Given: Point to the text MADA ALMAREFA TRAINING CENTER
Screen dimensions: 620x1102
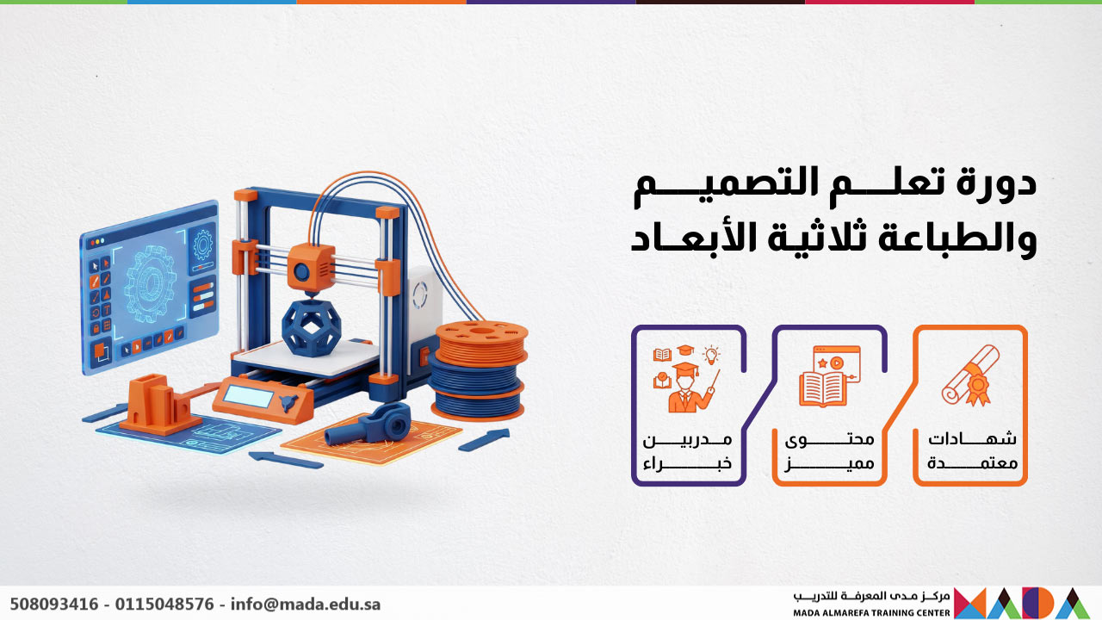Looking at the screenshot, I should tap(872, 613).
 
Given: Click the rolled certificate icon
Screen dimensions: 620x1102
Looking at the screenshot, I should tap(970, 375).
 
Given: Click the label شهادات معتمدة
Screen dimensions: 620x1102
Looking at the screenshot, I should tap(972, 450).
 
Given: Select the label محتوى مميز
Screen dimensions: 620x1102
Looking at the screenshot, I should tap(830, 450).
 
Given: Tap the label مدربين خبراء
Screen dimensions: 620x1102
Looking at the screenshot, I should tap(688, 450).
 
